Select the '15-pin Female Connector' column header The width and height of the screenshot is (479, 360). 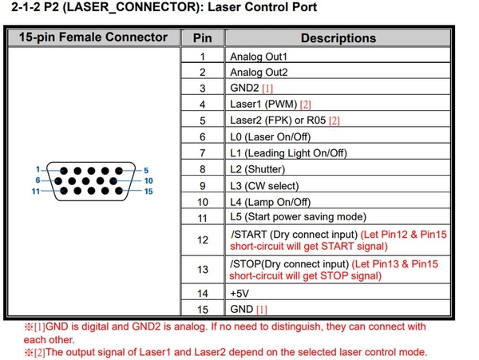tap(93, 37)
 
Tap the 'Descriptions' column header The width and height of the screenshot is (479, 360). tap(338, 38)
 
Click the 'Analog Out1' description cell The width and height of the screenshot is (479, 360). tap(258, 57)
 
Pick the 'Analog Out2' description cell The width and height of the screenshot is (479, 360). tap(258, 72)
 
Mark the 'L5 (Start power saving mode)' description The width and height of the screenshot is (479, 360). tap(298, 217)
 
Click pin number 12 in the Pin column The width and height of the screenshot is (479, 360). tap(202, 239)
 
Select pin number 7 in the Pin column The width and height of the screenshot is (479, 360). tap(202, 152)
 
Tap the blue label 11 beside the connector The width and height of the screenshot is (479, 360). tap(35, 192)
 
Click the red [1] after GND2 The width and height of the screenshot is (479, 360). tap(267, 89)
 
